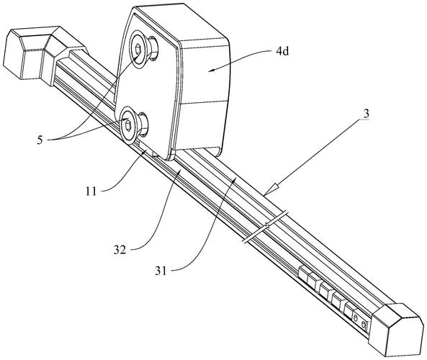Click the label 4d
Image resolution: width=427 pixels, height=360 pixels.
pos(282,51)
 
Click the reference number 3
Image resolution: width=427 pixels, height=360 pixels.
pos(367,114)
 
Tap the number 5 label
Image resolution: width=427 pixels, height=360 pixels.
pos(40,140)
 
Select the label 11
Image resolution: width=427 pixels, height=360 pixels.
pos(91,192)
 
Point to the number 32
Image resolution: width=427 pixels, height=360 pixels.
pos(120,249)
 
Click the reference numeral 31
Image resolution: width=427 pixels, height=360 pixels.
pos(161,271)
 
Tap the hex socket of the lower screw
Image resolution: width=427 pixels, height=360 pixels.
pos(127,125)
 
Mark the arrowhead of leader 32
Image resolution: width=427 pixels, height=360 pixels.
pos(178,173)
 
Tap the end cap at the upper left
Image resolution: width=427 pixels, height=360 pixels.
pos(44,55)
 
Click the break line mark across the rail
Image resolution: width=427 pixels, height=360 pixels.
pos(265,227)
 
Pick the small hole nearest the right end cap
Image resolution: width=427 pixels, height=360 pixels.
pos(364,325)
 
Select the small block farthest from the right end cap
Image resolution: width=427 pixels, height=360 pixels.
pos(304,273)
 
